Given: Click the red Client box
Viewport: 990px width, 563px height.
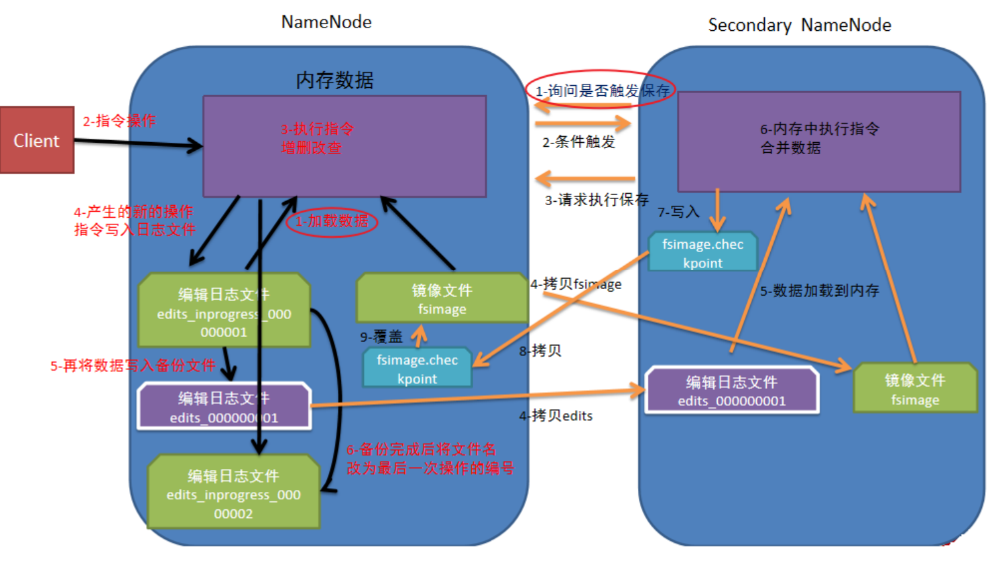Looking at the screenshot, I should click(x=37, y=140).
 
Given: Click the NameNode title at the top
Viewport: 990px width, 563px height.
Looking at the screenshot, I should click(x=326, y=22).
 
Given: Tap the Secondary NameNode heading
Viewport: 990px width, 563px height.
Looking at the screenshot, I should click(x=799, y=25).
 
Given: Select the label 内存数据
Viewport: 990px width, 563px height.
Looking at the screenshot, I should click(x=334, y=80).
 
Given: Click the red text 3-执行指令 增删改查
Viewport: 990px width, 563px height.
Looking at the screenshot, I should click(x=317, y=138).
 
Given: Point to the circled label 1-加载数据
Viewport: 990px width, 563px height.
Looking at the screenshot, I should click(x=332, y=221).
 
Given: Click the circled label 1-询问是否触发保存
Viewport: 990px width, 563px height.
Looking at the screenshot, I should click(x=601, y=90).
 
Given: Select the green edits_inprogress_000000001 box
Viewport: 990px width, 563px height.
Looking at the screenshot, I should click(x=224, y=312).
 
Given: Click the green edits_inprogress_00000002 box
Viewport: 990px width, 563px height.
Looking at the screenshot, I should click(x=233, y=494).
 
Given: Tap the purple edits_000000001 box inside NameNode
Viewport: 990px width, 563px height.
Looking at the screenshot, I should click(x=224, y=407).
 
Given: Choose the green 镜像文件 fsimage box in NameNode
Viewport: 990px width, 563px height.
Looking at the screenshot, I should click(x=442, y=299).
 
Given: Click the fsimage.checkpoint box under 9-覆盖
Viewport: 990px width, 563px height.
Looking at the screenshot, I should click(x=417, y=369).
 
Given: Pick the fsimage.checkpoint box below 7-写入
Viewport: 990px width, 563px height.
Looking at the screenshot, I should click(x=702, y=253).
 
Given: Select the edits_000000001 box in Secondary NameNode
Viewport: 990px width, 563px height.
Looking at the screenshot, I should click(x=731, y=391).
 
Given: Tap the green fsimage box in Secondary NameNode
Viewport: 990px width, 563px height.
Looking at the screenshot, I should click(x=914, y=389).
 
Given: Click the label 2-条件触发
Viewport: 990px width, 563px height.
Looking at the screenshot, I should click(x=578, y=142).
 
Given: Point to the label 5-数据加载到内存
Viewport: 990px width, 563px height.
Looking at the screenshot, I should click(x=819, y=291).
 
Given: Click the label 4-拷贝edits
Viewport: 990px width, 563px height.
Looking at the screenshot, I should click(x=556, y=416).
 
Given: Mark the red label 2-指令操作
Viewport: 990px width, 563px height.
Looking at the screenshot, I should click(x=119, y=121).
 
